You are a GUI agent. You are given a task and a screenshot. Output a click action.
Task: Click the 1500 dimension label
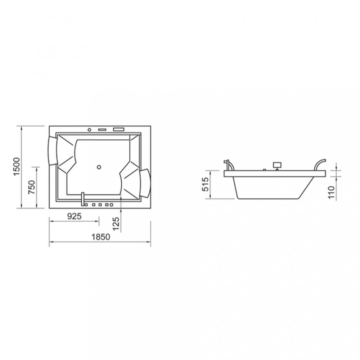tap(17, 167)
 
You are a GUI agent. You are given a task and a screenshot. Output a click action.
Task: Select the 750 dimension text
tap(32, 187)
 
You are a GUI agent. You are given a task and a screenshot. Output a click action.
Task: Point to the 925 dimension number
tap(75, 216)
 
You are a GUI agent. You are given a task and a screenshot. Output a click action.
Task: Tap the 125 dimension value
tap(116, 224)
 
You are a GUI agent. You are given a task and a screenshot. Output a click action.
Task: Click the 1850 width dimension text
tap(101, 237)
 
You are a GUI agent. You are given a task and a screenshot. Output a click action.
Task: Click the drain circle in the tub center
tap(99, 167)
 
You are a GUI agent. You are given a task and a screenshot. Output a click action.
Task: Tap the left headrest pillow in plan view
tap(53, 150)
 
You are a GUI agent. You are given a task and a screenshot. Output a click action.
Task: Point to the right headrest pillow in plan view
tap(145, 183)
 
